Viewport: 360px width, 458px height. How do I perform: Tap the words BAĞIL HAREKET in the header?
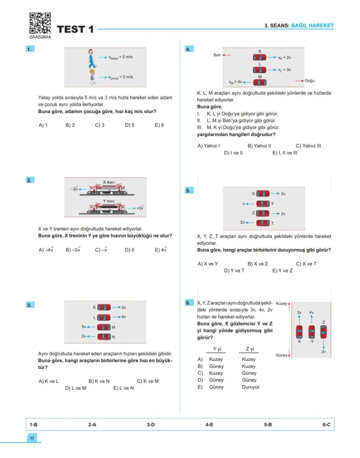pyautogui.click(x=312, y=26)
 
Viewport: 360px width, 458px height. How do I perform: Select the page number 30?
pyautogui.click(x=32, y=438)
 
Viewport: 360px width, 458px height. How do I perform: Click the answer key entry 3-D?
pyautogui.click(x=150, y=424)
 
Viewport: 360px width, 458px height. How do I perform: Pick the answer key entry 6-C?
pyautogui.click(x=326, y=424)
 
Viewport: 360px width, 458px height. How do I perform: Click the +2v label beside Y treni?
pyautogui.click(x=140, y=208)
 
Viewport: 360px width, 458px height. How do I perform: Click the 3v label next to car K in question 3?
pyautogui.click(x=123, y=308)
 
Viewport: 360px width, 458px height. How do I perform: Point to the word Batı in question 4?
pyautogui.click(x=217, y=55)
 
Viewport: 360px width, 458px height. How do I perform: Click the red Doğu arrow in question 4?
pyautogui.click(x=299, y=81)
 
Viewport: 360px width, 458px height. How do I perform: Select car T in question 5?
pyautogui.click(x=263, y=223)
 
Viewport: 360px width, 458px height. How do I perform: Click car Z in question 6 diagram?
pyautogui.click(x=323, y=332)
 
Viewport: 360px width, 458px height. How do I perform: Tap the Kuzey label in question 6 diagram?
pyautogui.click(x=281, y=303)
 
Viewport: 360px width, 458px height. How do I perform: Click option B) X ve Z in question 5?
pyautogui.click(x=258, y=264)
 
